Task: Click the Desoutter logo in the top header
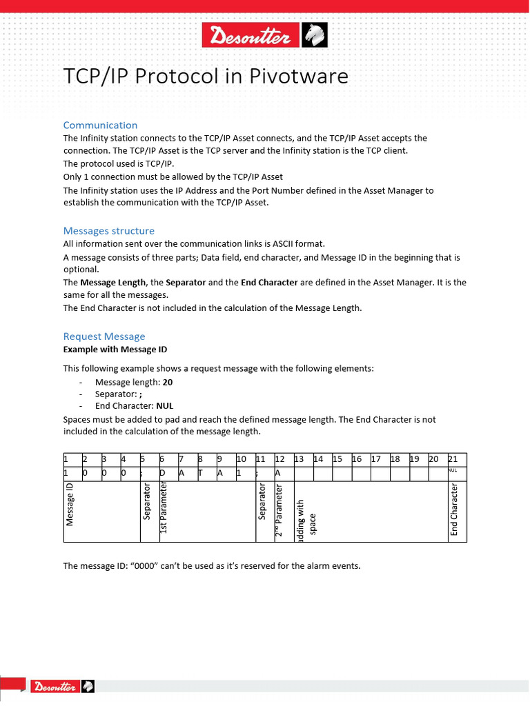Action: tap(264, 35)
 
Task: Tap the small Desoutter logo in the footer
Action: tap(62, 686)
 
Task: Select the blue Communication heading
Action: tap(100, 125)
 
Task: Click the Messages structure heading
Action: tap(108, 230)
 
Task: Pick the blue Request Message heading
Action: tap(104, 336)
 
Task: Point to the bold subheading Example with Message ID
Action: tap(115, 350)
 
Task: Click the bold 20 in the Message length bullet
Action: tap(168, 382)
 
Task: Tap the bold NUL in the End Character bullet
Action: tap(164, 406)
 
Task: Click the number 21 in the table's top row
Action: tap(453, 459)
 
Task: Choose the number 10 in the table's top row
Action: tap(242, 459)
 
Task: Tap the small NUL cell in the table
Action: tap(453, 471)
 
